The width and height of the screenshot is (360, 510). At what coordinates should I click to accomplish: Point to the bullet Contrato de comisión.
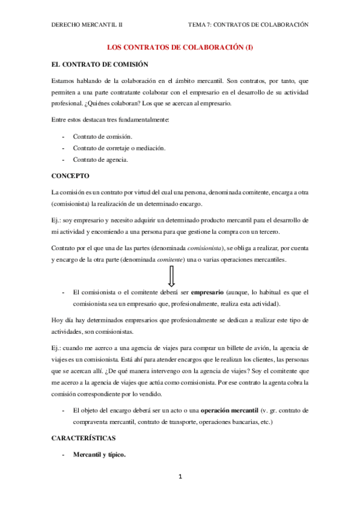coord(102,137)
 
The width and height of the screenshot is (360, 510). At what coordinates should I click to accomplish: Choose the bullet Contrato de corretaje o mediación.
coord(120,148)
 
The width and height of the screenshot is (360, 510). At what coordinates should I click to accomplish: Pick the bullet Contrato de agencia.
coord(100,159)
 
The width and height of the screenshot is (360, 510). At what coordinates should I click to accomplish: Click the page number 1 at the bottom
coord(180,477)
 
